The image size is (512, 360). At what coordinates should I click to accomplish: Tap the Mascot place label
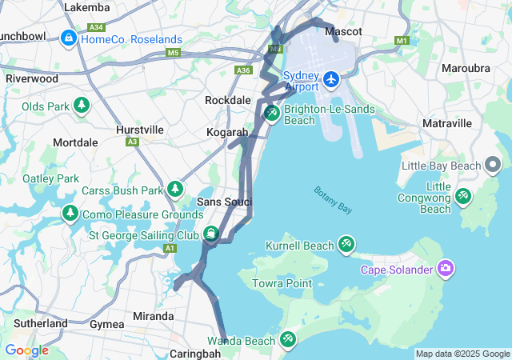pyautogui.click(x=343, y=31)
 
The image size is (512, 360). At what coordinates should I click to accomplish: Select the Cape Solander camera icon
pyautogui.click(x=446, y=269)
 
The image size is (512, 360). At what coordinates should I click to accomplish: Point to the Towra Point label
pyautogui.click(x=282, y=283)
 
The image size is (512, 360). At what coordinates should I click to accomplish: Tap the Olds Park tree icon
pyautogui.click(x=81, y=106)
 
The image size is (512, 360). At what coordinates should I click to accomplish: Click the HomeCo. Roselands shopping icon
pyautogui.click(x=69, y=38)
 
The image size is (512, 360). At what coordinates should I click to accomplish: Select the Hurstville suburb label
pyautogui.click(x=139, y=129)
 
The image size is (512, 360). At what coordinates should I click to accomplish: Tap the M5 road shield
pyautogui.click(x=174, y=53)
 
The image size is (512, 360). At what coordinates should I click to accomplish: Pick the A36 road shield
pyautogui.click(x=244, y=70)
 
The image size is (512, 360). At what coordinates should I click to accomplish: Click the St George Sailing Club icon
pyautogui.click(x=210, y=235)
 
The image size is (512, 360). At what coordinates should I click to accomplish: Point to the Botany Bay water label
pyautogui.click(x=333, y=200)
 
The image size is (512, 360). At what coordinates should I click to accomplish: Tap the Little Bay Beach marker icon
pyautogui.click(x=493, y=166)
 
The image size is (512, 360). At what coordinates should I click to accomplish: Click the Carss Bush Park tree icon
pyautogui.click(x=174, y=190)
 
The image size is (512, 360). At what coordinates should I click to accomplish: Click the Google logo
pyautogui.click(x=26, y=350)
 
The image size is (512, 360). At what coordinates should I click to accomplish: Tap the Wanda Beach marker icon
pyautogui.click(x=287, y=341)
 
